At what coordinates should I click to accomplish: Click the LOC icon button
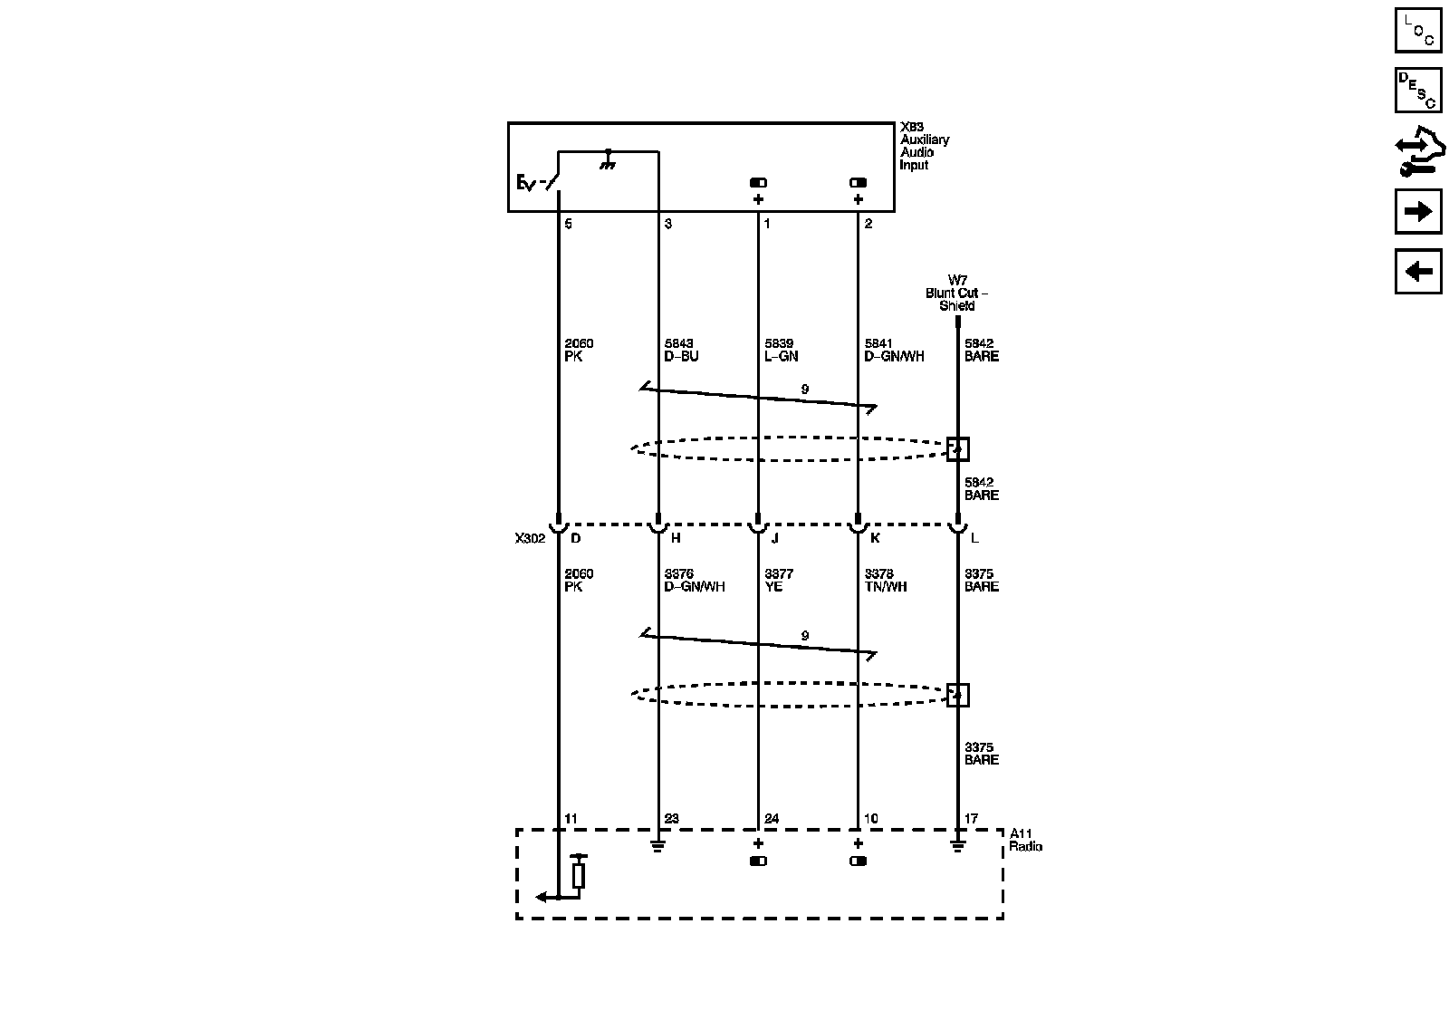tap(1417, 30)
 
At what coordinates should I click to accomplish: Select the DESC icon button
tap(1417, 90)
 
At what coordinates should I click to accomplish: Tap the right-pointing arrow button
tap(1417, 211)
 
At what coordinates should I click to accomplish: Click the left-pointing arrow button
tap(1417, 271)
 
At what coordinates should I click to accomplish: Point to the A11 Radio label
tap(1025, 840)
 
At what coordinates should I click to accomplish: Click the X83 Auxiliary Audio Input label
tap(924, 147)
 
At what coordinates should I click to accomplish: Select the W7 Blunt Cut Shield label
tap(956, 293)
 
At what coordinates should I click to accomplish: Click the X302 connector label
tap(530, 538)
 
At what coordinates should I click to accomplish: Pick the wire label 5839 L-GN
tap(781, 350)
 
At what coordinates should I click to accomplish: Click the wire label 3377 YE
tap(779, 580)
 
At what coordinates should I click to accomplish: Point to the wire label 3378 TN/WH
tap(885, 580)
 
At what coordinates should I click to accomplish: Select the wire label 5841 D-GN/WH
tap(894, 350)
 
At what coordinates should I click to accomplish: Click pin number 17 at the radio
tap(971, 819)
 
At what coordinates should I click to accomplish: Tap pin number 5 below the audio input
tap(568, 224)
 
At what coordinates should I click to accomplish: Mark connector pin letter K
tap(875, 538)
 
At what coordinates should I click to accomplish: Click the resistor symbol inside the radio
tap(579, 874)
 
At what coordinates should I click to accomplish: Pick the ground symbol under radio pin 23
tap(658, 847)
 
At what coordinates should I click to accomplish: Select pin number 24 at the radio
tap(771, 819)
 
